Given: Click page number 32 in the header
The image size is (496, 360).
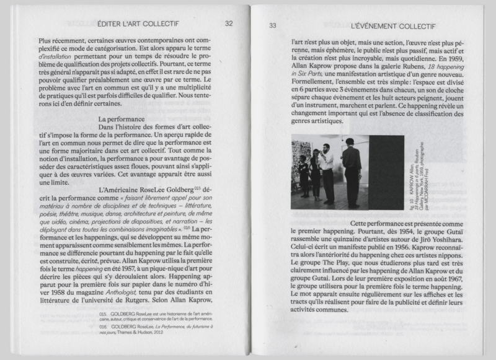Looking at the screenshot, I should [229, 24].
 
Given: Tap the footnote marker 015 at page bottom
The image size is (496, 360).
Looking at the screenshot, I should [103, 315].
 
